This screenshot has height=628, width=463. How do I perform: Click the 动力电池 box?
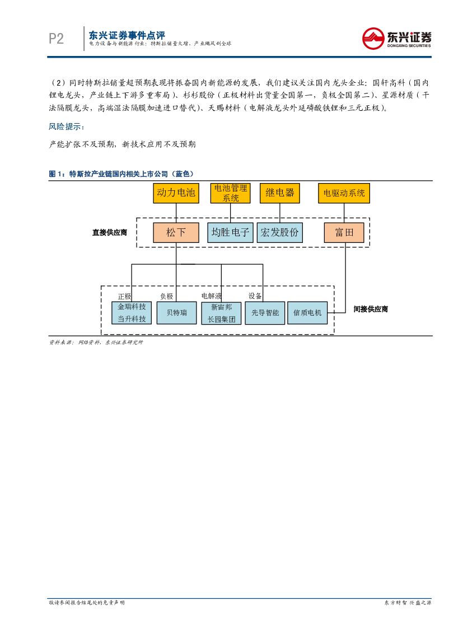[x=176, y=193]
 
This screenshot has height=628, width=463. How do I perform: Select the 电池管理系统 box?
[x=231, y=193]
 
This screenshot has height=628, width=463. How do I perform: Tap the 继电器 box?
[x=279, y=193]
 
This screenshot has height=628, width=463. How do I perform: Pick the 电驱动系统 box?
[x=344, y=193]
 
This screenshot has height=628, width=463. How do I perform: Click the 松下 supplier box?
[x=176, y=232]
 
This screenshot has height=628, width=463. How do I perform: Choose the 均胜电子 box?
[x=231, y=232]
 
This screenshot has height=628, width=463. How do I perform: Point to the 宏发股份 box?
[x=279, y=232]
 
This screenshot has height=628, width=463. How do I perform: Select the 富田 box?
[x=344, y=232]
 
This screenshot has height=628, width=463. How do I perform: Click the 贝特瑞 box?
[x=176, y=312]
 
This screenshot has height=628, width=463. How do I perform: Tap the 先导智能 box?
[x=265, y=313]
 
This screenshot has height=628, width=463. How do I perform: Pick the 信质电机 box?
[x=307, y=313]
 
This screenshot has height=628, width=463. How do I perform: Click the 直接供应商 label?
[x=110, y=232]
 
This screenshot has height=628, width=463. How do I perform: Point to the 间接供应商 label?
[x=371, y=309]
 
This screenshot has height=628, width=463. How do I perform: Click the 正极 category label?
[x=124, y=296]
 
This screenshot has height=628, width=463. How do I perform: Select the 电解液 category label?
[x=212, y=296]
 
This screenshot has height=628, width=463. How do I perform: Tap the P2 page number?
[x=57, y=39]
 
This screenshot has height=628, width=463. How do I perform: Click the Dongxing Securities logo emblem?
[x=372, y=39]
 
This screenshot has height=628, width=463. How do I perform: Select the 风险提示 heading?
[x=66, y=127]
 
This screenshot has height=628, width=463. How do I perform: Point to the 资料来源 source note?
[x=96, y=342]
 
